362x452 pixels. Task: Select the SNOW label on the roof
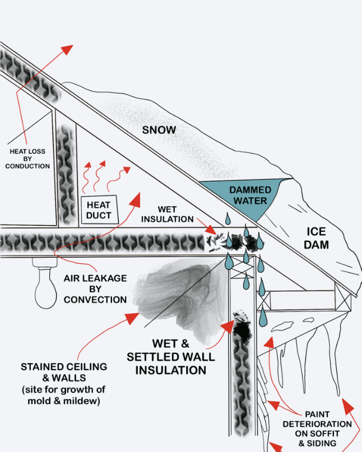(x=159, y=130)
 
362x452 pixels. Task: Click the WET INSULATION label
(x=167, y=214)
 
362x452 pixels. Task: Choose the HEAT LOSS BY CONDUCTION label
(x=29, y=158)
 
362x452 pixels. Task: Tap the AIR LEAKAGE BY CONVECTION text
(x=95, y=288)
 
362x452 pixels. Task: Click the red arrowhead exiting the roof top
(x=67, y=49)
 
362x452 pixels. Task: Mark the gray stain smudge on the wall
(x=174, y=294)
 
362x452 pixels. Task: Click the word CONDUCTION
(x=29, y=166)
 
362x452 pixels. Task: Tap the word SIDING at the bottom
(x=322, y=444)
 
